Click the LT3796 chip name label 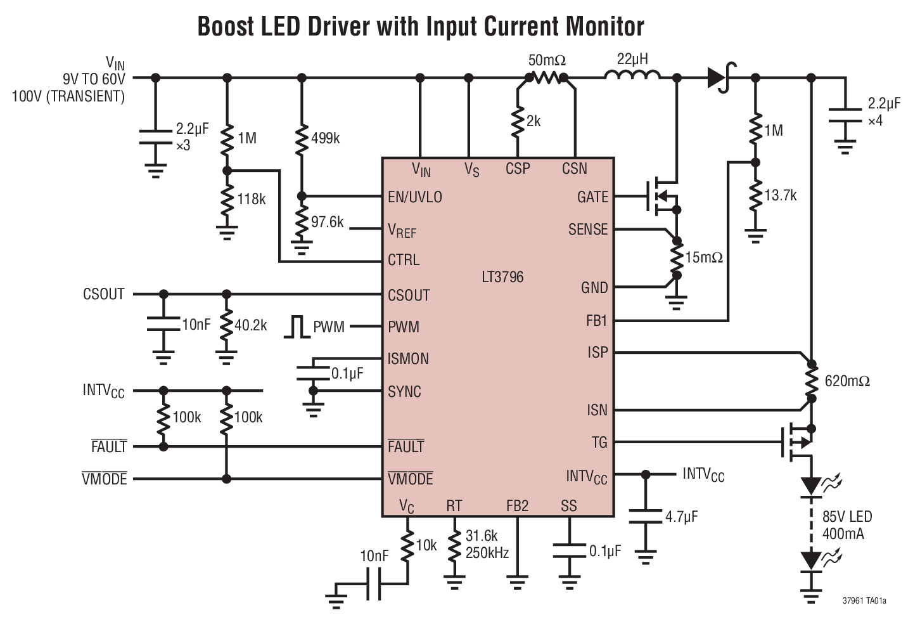502,277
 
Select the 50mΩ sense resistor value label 547,61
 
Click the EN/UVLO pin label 415,197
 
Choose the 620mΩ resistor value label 847,381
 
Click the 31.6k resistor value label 482,536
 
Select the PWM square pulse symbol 296,327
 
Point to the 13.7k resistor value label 781,195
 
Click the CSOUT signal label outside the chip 104,294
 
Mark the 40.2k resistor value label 250,325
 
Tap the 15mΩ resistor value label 704,257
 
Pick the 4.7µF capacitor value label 681,517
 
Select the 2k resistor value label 533,121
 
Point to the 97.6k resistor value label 327,222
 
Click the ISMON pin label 408,359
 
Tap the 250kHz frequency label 487,552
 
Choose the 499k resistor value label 325,138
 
